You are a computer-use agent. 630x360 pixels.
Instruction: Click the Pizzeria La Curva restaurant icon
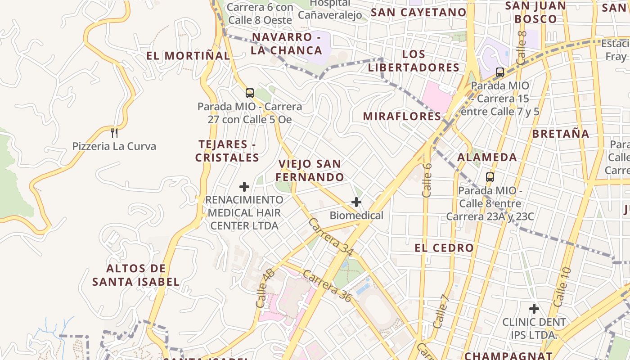coord(114,133)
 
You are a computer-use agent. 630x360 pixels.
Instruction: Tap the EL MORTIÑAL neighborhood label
coord(188,56)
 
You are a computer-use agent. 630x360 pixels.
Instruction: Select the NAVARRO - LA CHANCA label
coord(286,44)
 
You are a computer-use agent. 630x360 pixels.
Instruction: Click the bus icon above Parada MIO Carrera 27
coord(250,93)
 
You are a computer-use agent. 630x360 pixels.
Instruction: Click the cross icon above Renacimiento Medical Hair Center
coord(244,186)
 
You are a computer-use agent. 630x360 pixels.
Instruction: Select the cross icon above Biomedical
coord(356,202)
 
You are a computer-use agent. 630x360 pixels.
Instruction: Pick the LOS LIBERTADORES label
coord(414,61)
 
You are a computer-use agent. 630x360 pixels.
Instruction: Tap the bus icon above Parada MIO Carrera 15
coord(499,72)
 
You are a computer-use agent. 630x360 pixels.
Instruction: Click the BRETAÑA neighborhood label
coord(560,134)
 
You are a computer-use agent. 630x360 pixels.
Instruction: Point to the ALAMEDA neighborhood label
coord(487,157)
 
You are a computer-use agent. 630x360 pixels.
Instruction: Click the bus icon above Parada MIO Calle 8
coord(490,177)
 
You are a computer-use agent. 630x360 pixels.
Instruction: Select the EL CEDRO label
coord(444,247)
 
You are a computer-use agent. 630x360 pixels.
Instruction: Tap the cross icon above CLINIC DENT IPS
coord(534,309)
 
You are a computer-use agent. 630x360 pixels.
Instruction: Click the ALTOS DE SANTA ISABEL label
coord(136,275)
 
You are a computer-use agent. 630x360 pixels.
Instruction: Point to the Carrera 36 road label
coord(327,286)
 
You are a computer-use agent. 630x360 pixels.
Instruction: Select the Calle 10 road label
coord(562,287)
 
